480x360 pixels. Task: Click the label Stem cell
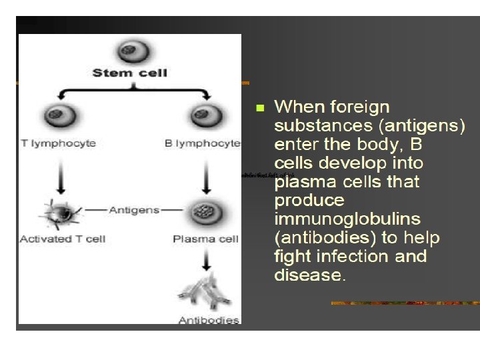click(129, 72)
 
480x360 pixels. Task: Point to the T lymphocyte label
click(58, 143)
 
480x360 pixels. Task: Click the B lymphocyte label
click(203, 143)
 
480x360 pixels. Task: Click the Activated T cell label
click(63, 239)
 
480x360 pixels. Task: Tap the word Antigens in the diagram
click(134, 209)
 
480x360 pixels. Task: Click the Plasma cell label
click(205, 239)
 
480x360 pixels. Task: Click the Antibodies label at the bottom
click(209, 320)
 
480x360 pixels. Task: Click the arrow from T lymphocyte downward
click(61, 177)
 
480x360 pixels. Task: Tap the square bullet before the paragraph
click(260, 107)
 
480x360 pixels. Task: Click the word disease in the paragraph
click(308, 275)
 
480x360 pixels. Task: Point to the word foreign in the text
click(360, 107)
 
